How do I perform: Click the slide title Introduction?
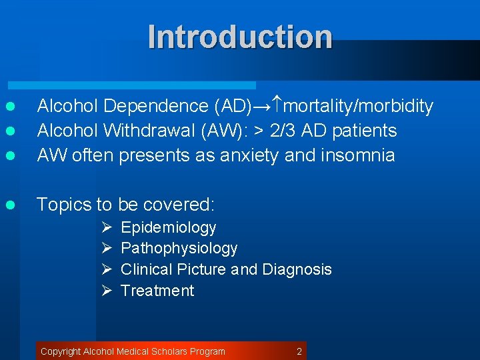pyautogui.click(x=240, y=37)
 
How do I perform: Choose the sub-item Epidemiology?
pyautogui.click(x=169, y=228)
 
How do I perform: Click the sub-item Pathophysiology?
pyautogui.click(x=179, y=249)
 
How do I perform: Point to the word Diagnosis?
pyautogui.click(x=297, y=270)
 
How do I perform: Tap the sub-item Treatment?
pyautogui.click(x=157, y=291)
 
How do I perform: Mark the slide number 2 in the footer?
pyautogui.click(x=299, y=351)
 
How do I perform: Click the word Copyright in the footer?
pyautogui.click(x=61, y=351)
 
